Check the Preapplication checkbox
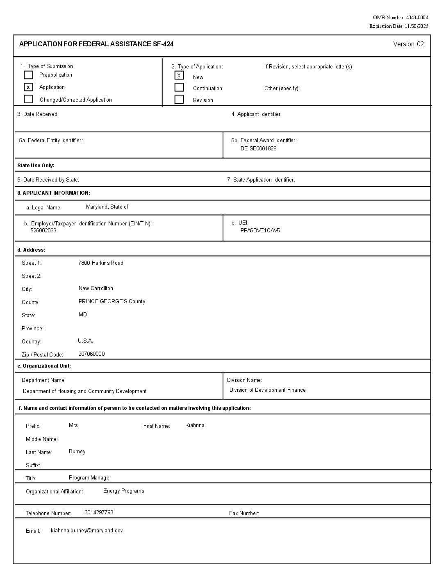28,75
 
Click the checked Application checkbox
28,87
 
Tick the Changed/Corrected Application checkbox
28,99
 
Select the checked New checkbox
179,75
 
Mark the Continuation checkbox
179,87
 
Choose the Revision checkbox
179,99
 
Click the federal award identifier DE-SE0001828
258,148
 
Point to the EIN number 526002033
43,230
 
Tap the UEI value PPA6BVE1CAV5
260,230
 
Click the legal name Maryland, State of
107,207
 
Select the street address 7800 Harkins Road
101,263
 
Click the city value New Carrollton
96,288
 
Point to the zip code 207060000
91,354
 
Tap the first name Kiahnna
195,425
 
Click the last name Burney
77,451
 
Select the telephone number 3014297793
99,512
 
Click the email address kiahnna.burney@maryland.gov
86,530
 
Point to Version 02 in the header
408,44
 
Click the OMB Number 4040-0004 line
400,17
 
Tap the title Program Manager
90,477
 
